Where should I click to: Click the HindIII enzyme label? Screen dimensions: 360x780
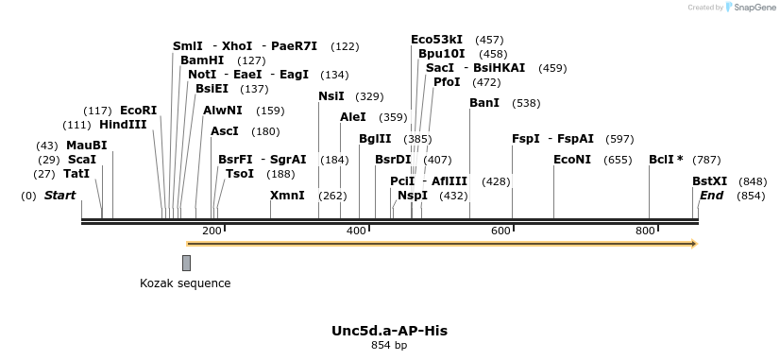[123, 125]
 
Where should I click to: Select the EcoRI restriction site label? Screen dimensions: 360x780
[139, 111]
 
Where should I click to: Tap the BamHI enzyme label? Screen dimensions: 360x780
[202, 60]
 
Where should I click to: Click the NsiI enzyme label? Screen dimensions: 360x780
[331, 96]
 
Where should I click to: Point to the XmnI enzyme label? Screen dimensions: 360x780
[287, 196]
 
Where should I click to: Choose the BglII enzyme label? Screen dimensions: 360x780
[375, 139]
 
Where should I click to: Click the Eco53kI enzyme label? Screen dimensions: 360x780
[437, 40]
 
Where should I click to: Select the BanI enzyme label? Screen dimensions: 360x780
[484, 102]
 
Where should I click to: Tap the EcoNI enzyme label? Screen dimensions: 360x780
[572, 159]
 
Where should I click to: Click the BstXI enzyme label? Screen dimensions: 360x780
[710, 181]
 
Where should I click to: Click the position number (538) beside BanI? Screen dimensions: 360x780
[526, 103]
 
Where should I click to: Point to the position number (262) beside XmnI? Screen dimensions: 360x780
[332, 197]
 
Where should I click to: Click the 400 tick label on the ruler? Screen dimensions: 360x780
[357, 231]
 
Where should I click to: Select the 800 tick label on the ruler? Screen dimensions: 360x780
[645, 231]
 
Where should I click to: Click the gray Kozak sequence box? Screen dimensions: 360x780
[187, 263]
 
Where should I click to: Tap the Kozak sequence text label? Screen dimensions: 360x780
[185, 283]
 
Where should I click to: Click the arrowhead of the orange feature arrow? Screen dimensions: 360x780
[694, 244]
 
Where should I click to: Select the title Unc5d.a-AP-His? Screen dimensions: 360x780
[389, 331]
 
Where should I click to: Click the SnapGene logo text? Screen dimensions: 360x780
[752, 8]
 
